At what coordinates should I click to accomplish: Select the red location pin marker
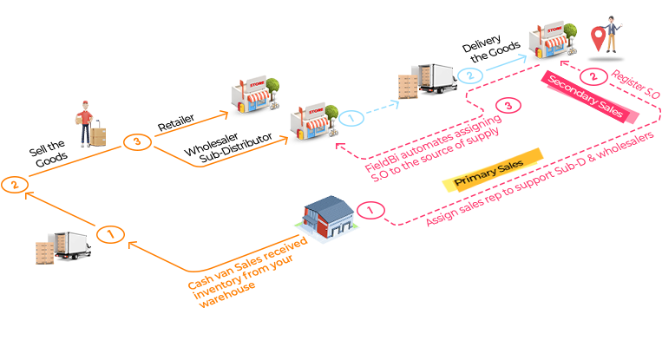[x=599, y=37]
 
